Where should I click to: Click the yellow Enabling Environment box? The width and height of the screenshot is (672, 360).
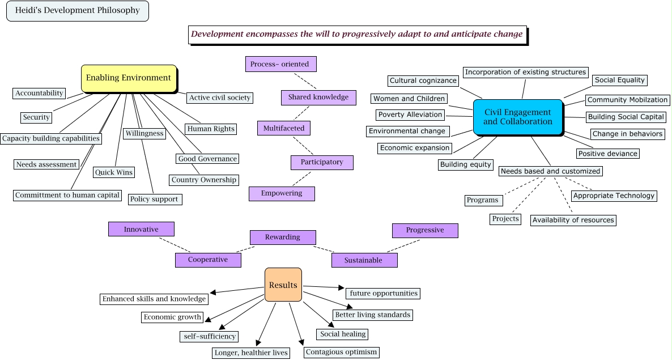pyautogui.click(x=129, y=78)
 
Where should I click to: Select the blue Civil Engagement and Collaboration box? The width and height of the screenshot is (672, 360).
pyautogui.click(x=517, y=117)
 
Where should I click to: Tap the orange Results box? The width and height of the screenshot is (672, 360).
pyautogui.click(x=283, y=285)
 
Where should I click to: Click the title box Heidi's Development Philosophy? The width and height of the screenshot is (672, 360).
pyautogui.click(x=77, y=11)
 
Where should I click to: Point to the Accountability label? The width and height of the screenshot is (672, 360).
pyautogui.click(x=39, y=94)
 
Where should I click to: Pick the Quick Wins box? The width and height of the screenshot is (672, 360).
pyautogui.click(x=114, y=172)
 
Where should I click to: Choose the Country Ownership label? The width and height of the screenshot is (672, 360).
pyautogui.click(x=204, y=180)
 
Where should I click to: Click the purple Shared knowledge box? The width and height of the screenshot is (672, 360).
pyautogui.click(x=318, y=98)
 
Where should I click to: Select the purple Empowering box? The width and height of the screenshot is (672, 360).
pyautogui.click(x=282, y=194)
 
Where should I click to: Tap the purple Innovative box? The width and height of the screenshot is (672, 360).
pyautogui.click(x=141, y=230)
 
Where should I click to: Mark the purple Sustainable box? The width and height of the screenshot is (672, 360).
pyautogui.click(x=364, y=261)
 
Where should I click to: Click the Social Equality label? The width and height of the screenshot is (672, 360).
pyautogui.click(x=619, y=81)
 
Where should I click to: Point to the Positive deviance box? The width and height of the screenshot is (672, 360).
pyautogui.click(x=607, y=154)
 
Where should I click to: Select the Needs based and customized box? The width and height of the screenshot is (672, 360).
pyautogui.click(x=550, y=171)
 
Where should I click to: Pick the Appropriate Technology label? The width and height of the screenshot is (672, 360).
pyautogui.click(x=614, y=196)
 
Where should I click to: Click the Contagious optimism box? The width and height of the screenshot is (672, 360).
pyautogui.click(x=341, y=352)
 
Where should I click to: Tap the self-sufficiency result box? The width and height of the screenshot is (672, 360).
pyautogui.click(x=209, y=337)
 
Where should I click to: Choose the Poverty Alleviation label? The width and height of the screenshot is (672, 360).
pyautogui.click(x=410, y=115)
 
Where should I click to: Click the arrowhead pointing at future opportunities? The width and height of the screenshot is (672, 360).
pyautogui.click(x=341, y=288)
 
